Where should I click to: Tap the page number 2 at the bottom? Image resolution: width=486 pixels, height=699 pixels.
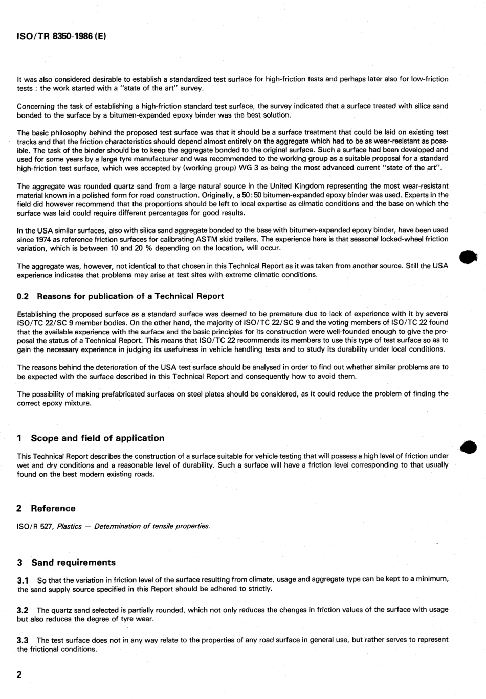coord(19,674)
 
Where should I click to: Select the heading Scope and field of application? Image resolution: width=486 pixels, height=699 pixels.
coord(98,438)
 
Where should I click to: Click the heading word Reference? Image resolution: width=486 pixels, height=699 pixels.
coord(53,508)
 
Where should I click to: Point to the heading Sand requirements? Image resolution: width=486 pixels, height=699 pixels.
coord(73,562)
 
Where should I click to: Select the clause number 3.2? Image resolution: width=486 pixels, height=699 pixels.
coord(23,610)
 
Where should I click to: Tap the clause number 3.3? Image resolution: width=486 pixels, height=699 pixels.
coord(23,640)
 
